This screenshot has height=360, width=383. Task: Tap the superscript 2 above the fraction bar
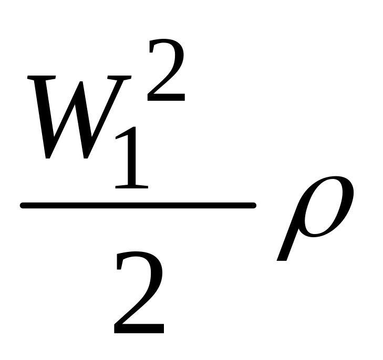pos(166,71)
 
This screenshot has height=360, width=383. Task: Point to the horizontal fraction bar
pos(138,206)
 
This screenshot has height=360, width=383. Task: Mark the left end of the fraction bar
pos(22,206)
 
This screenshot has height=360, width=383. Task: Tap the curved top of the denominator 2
pos(138,255)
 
